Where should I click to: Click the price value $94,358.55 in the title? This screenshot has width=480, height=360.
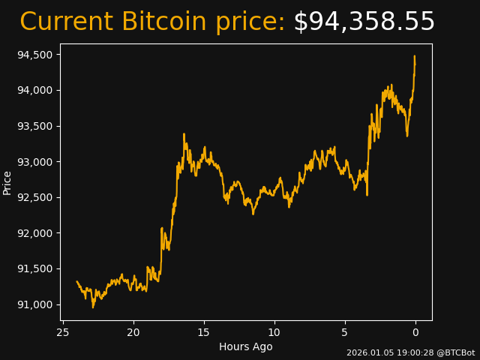pyautogui.click(x=364, y=22)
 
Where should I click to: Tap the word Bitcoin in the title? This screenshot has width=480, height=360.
pyautogui.click(x=166, y=22)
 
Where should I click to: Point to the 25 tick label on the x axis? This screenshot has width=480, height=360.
pyautogui.click(x=63, y=332)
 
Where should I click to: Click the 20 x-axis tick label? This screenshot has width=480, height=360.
pyautogui.click(x=133, y=332)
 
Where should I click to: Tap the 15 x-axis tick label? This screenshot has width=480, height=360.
pyautogui.click(x=204, y=332)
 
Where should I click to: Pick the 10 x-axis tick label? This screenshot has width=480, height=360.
pyautogui.click(x=274, y=332)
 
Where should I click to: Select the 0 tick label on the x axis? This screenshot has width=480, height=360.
pyautogui.click(x=415, y=332)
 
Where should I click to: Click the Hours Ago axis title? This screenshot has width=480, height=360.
pyautogui.click(x=245, y=346)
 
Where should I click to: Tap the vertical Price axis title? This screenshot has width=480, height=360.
pyautogui.click(x=7, y=182)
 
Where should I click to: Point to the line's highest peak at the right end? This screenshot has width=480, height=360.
pyautogui.click(x=414, y=56)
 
